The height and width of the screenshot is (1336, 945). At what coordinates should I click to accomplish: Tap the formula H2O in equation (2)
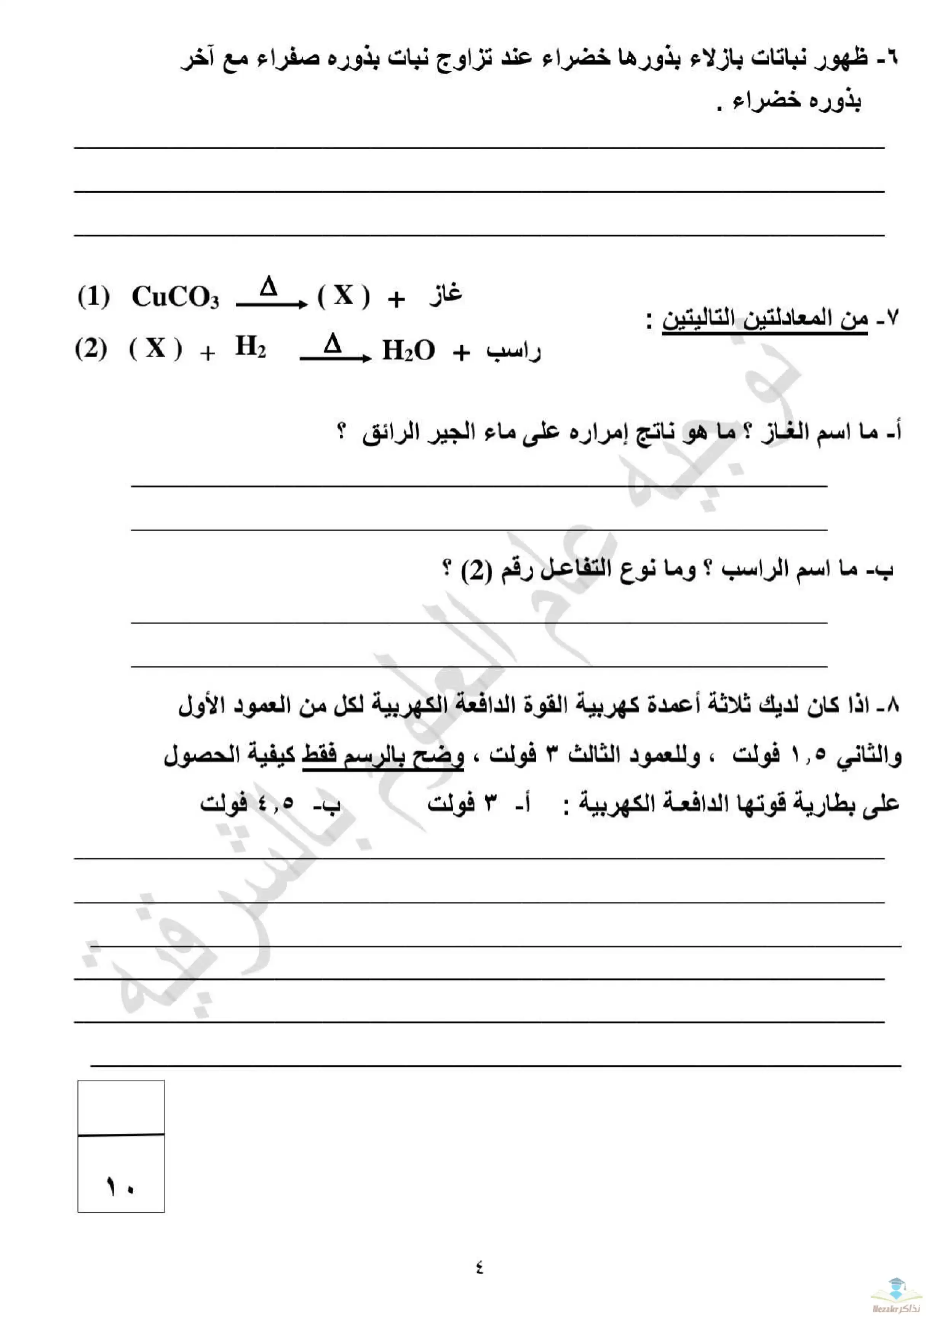coord(408,350)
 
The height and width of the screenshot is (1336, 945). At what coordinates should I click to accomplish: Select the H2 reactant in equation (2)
coord(250,347)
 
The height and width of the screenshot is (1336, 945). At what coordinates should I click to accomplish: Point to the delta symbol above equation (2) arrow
coord(332,343)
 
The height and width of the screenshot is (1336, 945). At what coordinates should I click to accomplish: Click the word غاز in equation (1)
coord(446,294)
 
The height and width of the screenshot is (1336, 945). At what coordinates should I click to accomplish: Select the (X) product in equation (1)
coord(343,296)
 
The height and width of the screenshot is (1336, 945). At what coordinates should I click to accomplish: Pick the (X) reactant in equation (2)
coord(155,349)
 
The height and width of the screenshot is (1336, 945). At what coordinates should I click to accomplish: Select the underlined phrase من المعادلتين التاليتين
coord(764,320)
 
